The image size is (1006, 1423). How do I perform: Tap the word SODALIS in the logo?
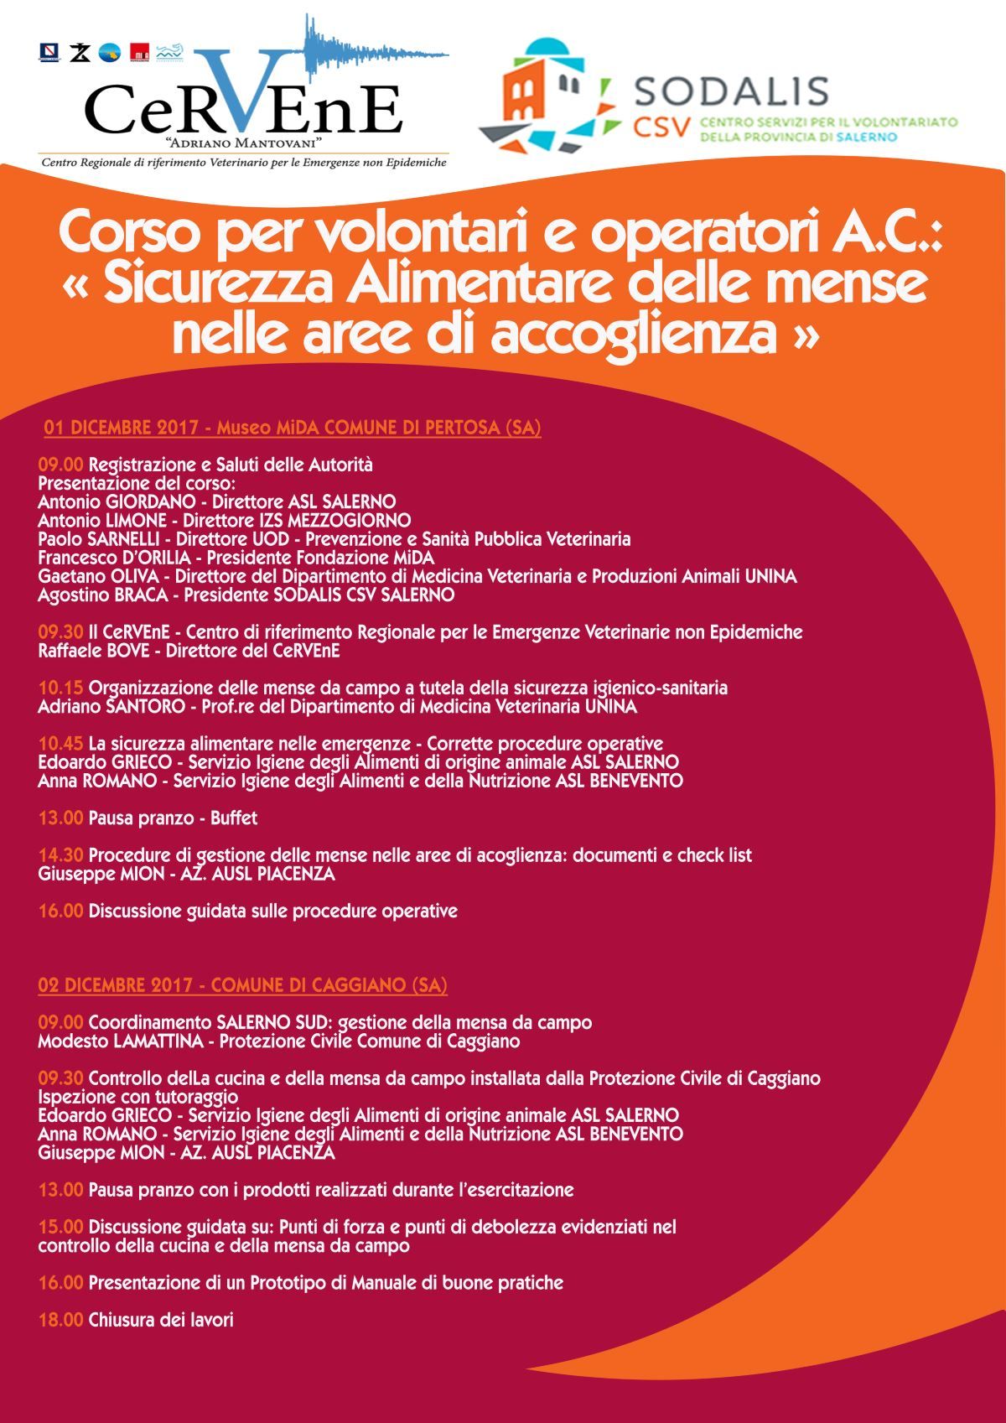pos(731,91)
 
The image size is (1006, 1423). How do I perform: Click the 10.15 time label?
pos(60,688)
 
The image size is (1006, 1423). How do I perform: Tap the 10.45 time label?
pos(60,744)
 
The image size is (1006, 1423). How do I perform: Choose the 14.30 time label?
pos(60,855)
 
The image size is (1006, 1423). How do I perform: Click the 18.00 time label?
pos(60,1320)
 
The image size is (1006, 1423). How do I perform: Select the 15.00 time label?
pos(60,1228)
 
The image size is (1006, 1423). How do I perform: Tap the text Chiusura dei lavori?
pos(160,1320)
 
